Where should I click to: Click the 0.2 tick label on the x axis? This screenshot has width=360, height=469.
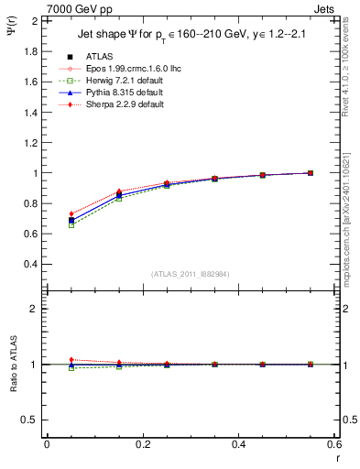(x=143, y=444)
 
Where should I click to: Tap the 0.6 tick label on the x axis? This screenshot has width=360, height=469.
(x=334, y=444)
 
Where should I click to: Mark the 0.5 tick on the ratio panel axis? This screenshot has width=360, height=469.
(x=30, y=420)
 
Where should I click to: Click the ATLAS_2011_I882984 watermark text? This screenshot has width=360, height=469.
(x=191, y=274)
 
